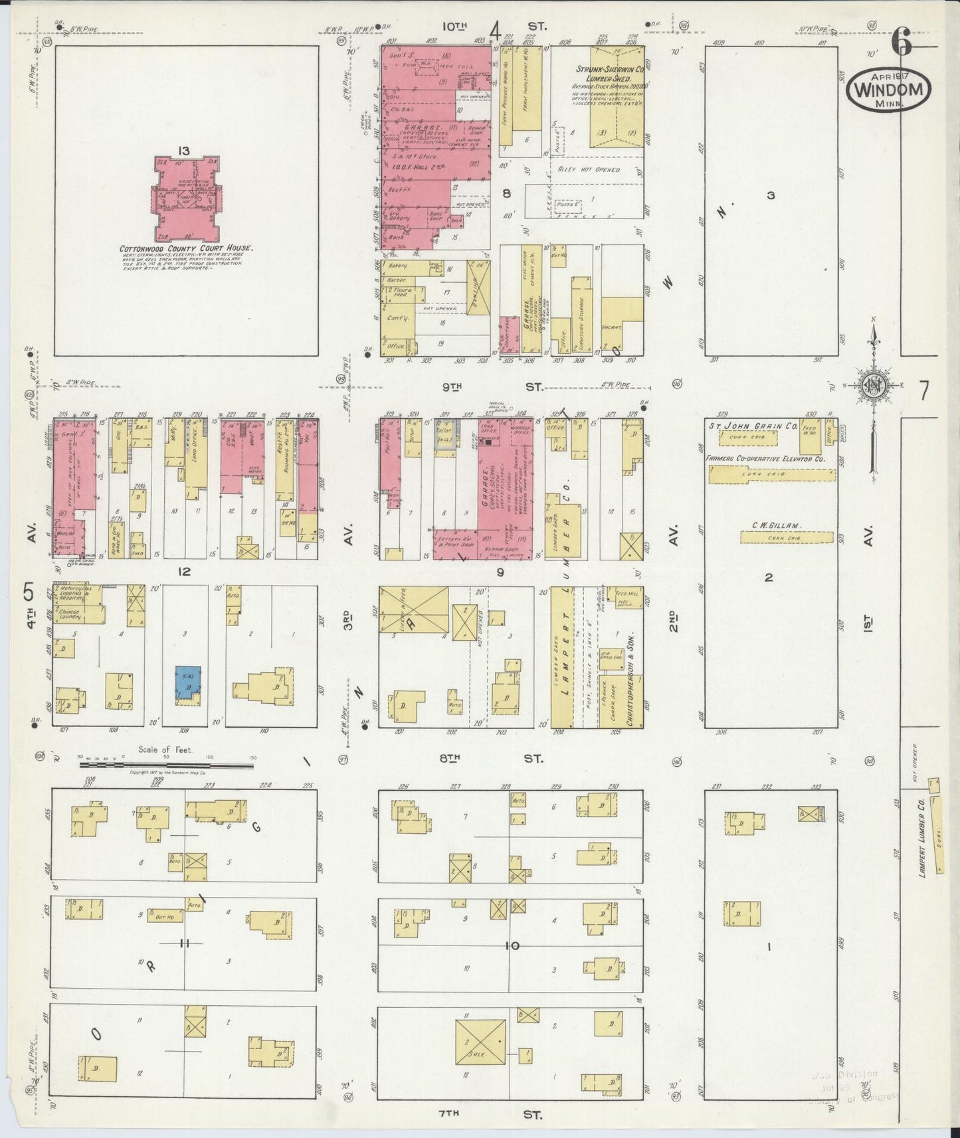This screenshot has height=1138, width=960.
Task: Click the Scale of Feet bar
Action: (x=166, y=765)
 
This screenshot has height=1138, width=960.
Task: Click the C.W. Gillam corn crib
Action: (x=787, y=536)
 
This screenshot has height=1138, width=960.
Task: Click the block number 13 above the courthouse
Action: (x=183, y=151)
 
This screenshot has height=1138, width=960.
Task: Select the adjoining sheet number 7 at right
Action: (x=923, y=391)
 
